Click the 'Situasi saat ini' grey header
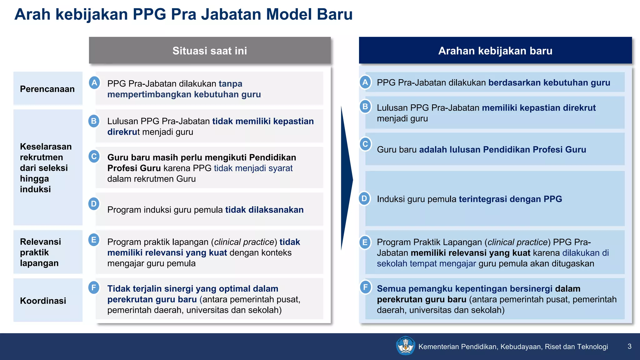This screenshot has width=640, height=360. [210, 51]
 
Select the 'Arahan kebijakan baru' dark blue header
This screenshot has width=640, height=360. [495, 51]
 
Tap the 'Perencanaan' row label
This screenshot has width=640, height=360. [47, 89]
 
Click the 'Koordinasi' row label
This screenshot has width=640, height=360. [43, 301]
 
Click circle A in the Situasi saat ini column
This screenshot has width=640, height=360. [94, 83]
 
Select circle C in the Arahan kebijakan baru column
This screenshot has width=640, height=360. [365, 144]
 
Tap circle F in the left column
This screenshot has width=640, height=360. [94, 287]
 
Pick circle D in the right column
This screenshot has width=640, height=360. [364, 198]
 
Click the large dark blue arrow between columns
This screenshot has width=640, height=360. [346, 180]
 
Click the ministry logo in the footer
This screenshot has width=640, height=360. [405, 346]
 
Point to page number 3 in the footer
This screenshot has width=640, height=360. [629, 346]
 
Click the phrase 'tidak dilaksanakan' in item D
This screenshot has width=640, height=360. [264, 210]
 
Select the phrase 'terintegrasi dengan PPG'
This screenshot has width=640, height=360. [510, 199]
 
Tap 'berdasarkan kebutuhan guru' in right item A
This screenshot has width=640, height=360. [549, 82]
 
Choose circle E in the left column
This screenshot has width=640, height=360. [94, 240]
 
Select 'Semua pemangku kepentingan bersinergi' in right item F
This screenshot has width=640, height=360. [464, 288]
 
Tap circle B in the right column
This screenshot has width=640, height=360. [365, 107]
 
